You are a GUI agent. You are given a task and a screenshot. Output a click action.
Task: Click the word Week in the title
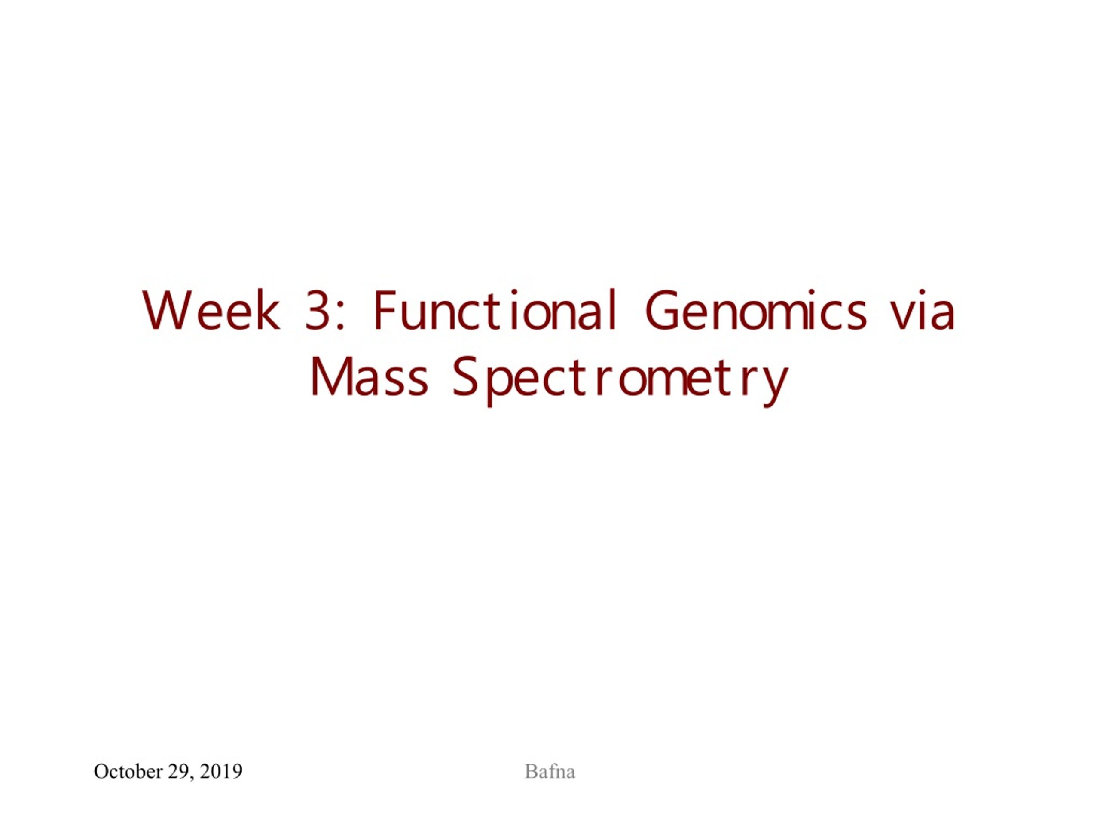coord(211,310)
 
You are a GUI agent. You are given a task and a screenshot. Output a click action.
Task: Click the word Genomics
coord(756,310)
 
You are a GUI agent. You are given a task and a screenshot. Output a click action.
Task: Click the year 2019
coord(221,771)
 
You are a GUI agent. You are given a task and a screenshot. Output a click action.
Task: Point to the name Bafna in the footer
coord(550,771)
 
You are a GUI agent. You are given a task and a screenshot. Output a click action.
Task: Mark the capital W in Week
coord(168,311)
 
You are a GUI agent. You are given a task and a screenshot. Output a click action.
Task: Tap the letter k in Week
coord(269,310)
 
